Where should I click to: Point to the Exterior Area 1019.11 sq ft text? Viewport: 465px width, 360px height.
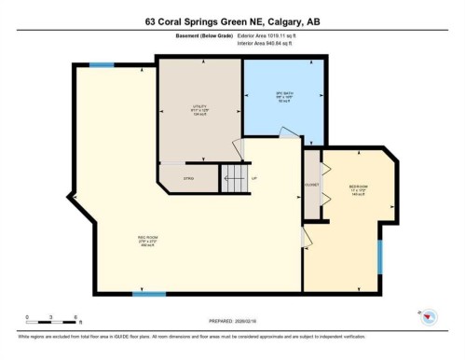272,35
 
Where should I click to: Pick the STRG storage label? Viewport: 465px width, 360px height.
187,178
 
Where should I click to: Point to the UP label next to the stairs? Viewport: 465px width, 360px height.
254,177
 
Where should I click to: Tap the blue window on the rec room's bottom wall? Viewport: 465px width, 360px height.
149,295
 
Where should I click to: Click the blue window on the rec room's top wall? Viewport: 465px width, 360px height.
102,64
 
